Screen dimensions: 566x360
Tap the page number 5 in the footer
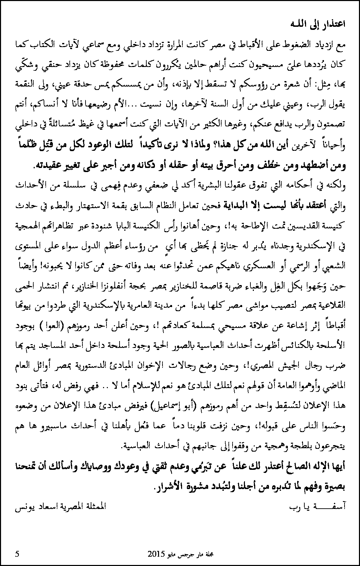tap(17, 554)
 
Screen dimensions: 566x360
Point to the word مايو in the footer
tap(173, 554)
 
